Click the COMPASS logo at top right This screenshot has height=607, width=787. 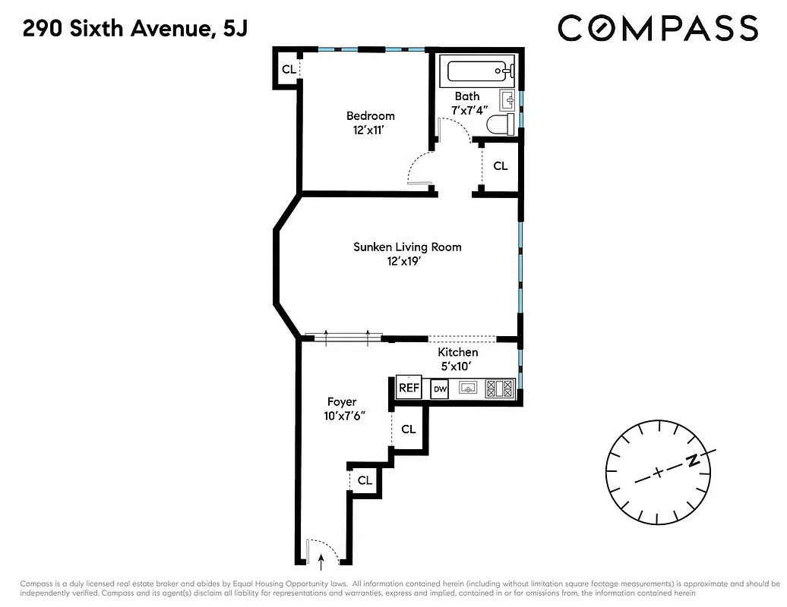coord(657,29)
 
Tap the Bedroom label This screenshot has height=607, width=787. coord(370,116)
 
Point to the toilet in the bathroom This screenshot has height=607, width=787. coord(501,125)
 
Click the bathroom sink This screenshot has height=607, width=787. coord(508,99)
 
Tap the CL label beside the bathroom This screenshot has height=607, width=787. coord(500,165)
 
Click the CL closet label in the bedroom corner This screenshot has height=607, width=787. coord(288,69)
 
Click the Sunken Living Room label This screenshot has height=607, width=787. coord(407,247)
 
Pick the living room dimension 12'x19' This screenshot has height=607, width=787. coord(403,261)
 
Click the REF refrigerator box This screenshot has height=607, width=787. coord(409,387)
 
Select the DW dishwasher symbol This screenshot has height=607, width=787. coord(439,389)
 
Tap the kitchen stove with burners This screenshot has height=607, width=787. coord(500,388)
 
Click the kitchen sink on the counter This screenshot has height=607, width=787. coord(469,388)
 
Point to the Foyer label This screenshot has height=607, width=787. coord(341,401)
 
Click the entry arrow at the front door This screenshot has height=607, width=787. coord(321,561)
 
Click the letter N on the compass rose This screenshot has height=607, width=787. coord(692,461)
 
